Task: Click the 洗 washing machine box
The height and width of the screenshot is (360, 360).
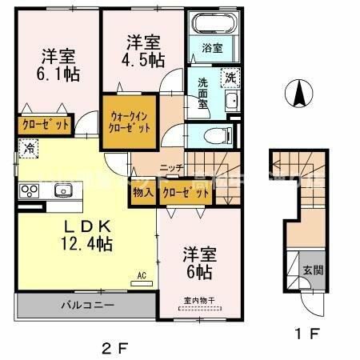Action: (230, 78)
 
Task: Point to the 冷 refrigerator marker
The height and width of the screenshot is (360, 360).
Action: (29, 147)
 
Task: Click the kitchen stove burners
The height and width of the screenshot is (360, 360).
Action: (30, 190)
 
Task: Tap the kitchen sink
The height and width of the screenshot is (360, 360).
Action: (62, 190)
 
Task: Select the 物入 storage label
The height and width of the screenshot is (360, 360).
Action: (143, 193)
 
